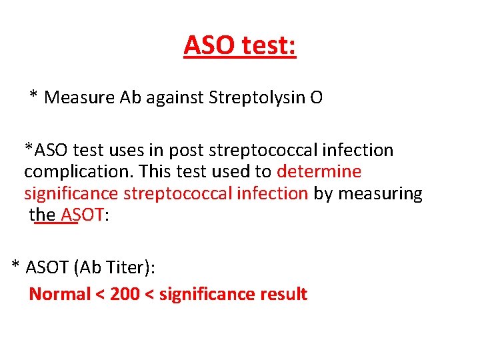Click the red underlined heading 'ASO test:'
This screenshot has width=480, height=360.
point(240,46)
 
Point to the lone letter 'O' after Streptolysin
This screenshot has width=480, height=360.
point(316,98)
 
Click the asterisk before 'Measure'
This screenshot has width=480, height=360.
point(33,97)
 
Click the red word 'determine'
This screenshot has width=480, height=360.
point(319,172)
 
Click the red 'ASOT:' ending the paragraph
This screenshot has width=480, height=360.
point(83,215)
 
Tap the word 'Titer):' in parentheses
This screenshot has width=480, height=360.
point(129,268)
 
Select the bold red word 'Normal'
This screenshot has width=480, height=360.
point(59,294)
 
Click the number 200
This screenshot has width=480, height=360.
point(125,294)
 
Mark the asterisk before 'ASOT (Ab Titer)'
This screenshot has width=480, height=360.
point(15,267)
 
